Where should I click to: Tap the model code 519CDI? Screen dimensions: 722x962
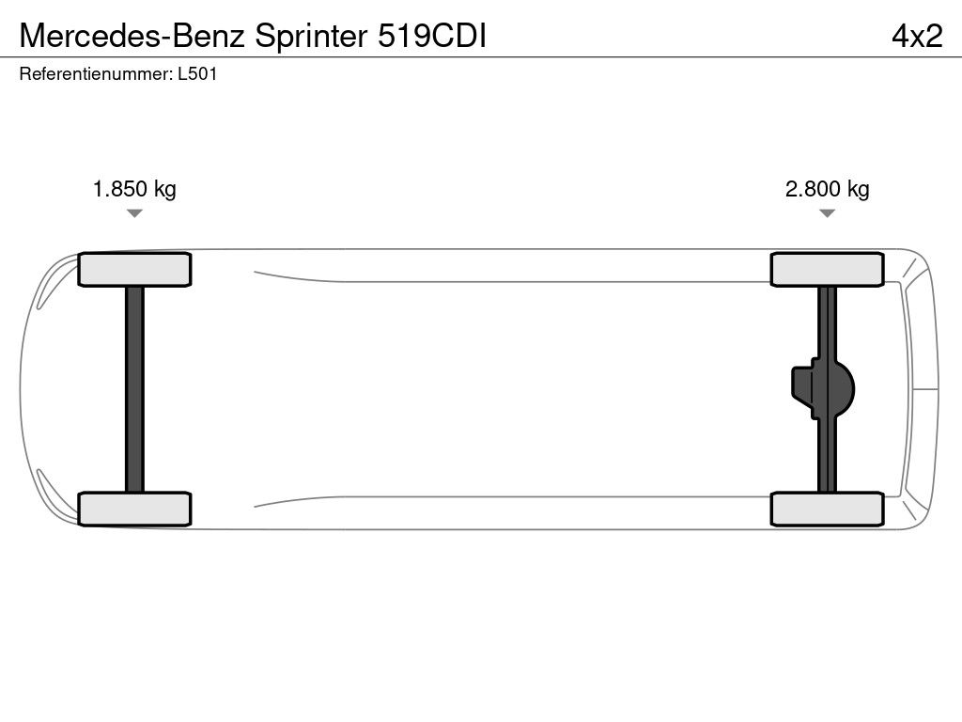[431, 36]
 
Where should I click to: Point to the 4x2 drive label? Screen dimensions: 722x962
[917, 36]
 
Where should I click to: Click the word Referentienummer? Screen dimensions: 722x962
[95, 74]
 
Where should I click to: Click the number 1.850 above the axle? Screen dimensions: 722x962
[120, 189]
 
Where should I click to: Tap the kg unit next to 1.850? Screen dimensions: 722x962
[164, 189]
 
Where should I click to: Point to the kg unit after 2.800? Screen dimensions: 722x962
[858, 189]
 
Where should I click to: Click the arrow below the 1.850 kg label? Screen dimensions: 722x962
[134, 213]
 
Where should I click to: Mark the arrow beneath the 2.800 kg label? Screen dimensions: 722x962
[827, 213]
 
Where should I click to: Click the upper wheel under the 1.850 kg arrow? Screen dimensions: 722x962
[134, 270]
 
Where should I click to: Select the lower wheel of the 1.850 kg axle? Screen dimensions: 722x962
[134, 509]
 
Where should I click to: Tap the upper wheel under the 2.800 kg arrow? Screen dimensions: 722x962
[827, 270]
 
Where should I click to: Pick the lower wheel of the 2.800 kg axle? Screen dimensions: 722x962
[827, 509]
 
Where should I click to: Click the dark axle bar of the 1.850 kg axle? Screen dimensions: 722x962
[134, 388]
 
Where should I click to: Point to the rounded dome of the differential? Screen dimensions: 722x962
[845, 388]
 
